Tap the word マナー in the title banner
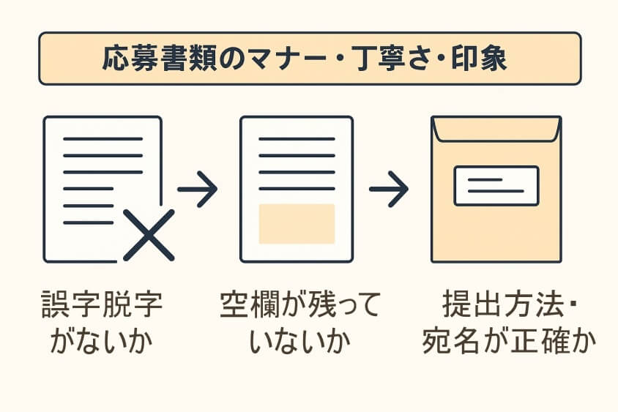(x=264, y=59)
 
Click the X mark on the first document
(x=149, y=235)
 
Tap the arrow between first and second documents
(x=198, y=189)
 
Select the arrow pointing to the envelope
(x=388, y=189)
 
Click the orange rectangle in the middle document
(x=297, y=223)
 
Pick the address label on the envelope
(x=496, y=185)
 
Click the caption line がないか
(x=102, y=342)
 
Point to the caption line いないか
(x=299, y=342)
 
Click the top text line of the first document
(x=103, y=139)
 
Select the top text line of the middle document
(x=297, y=139)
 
